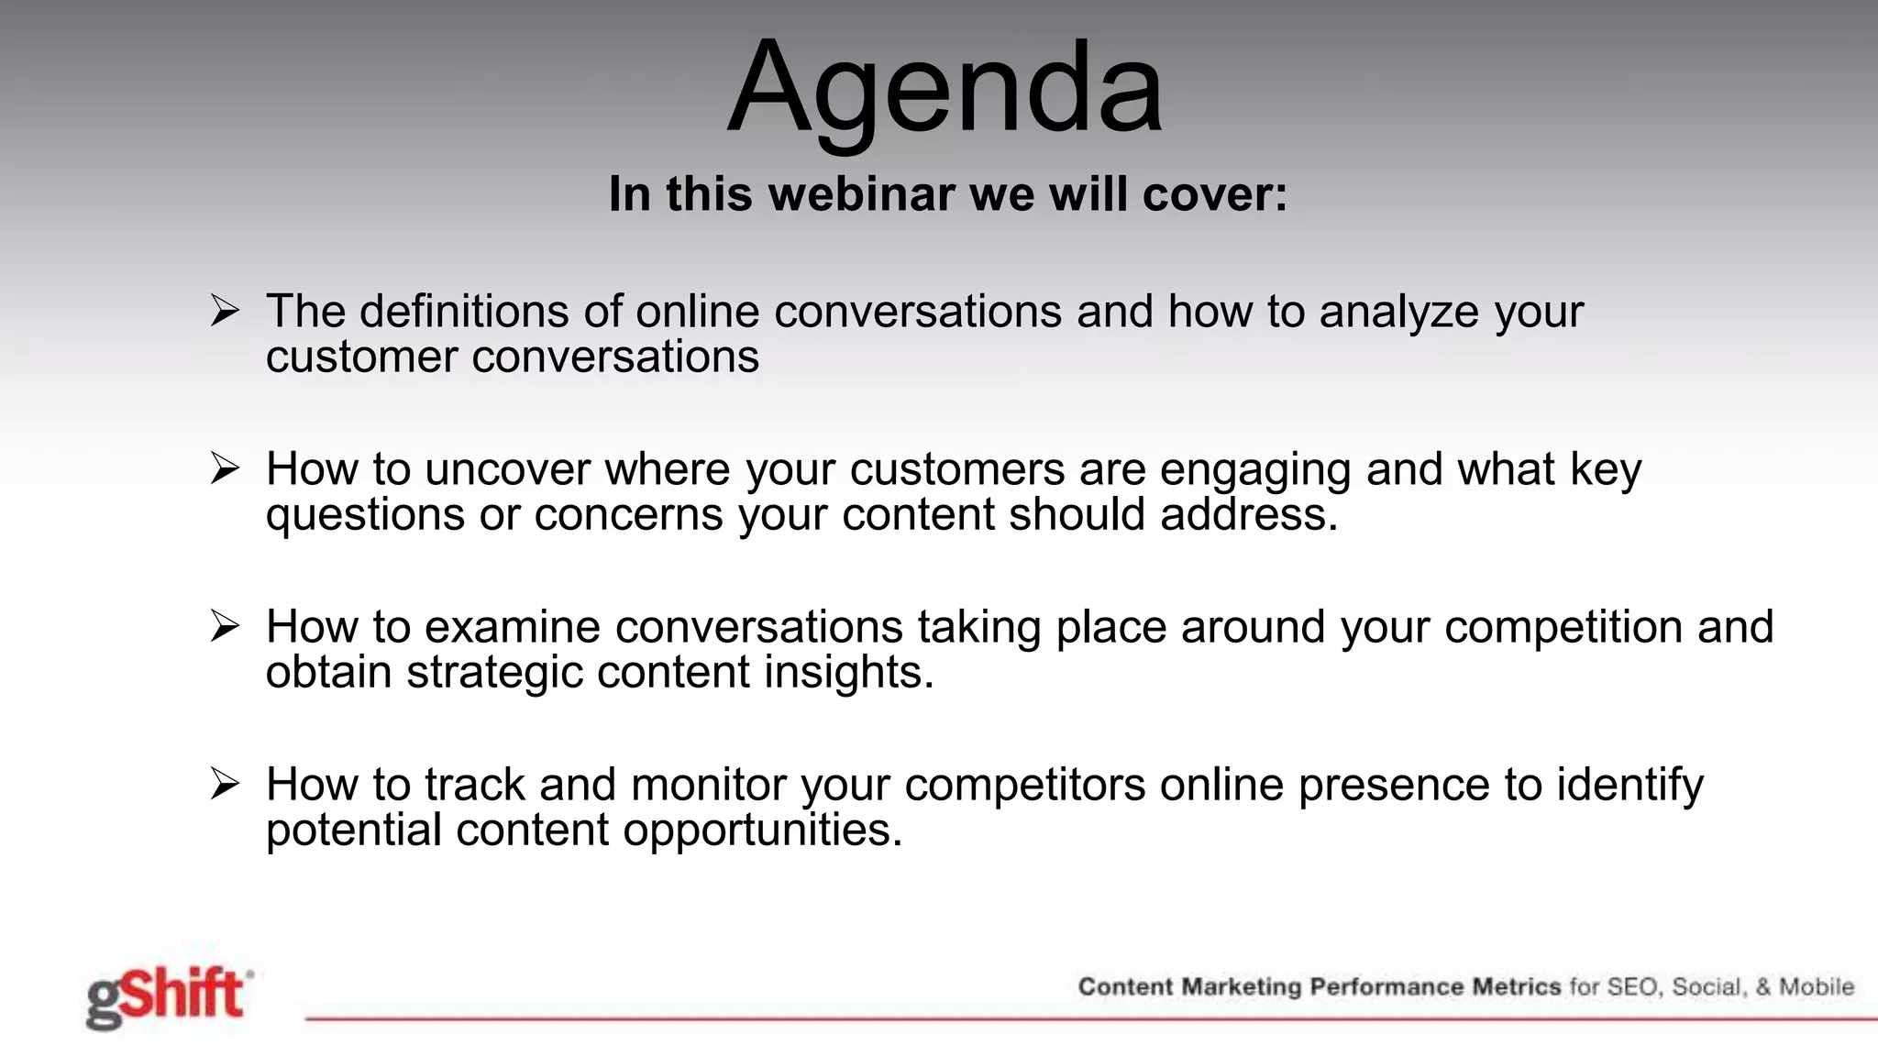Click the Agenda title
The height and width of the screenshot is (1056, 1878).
pos(945,90)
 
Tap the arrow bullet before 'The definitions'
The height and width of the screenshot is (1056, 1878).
pos(225,311)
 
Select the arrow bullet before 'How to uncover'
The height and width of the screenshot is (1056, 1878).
pos(225,468)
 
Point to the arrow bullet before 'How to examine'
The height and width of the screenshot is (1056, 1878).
pos(225,626)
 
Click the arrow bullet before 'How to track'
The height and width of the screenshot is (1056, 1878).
pos(225,784)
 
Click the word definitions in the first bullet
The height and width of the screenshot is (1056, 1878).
pos(464,311)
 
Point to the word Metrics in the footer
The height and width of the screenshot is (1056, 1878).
pos(1517,987)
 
